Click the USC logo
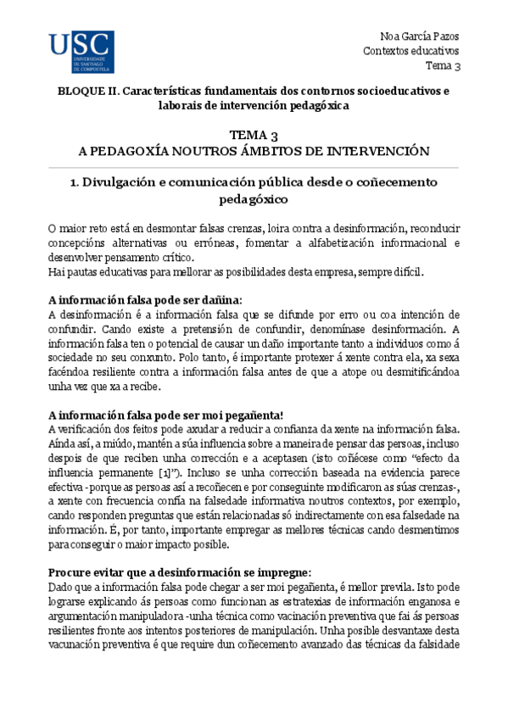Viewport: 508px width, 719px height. (x=81, y=52)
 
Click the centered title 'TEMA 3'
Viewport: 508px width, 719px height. (x=254, y=136)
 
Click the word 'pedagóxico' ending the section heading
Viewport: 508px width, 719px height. (x=254, y=200)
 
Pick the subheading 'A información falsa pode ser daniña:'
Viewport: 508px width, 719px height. (x=145, y=300)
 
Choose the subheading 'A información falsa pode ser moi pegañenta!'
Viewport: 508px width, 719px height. (x=165, y=415)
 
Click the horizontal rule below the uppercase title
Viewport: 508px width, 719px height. (x=254, y=167)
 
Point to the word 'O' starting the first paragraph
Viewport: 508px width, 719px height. (x=52, y=230)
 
